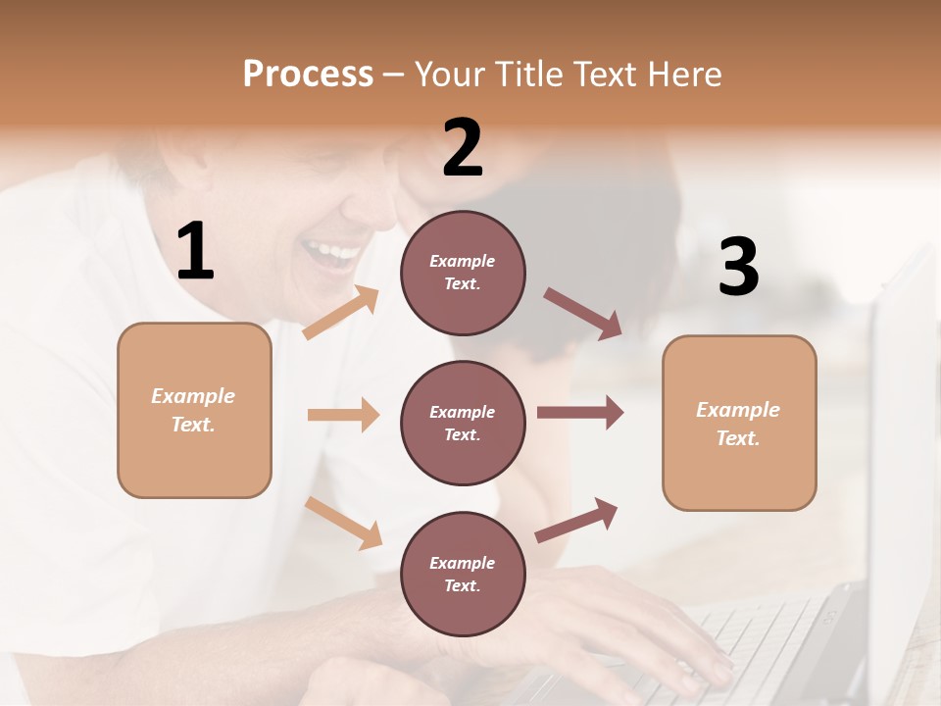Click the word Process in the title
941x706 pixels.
pos(308,74)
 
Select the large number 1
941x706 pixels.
pos(195,252)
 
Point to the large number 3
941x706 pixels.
pos(738,267)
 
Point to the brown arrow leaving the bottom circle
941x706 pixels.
pos(576,520)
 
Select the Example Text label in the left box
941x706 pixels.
pos(193,410)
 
